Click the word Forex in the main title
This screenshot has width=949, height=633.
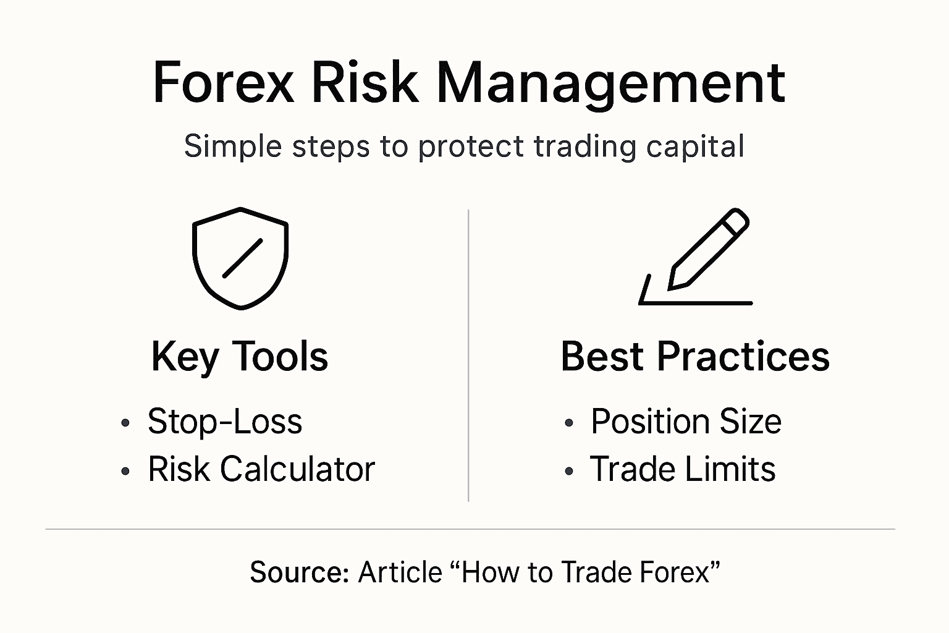click(223, 83)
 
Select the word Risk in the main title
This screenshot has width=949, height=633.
click(365, 83)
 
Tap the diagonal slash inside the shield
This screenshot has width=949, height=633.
click(242, 258)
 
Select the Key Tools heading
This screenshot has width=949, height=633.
click(240, 357)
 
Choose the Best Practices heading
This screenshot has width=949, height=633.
click(694, 357)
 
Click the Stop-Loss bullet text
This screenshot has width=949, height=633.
click(225, 422)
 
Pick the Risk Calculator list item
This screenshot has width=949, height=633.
click(261, 469)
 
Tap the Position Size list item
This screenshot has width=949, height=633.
click(686, 422)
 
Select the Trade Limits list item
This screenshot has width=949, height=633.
click(682, 469)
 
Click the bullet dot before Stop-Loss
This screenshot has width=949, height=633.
click(125, 423)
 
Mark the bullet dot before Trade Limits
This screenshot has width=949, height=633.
click(569, 471)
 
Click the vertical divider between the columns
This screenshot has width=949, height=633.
click(468, 355)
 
